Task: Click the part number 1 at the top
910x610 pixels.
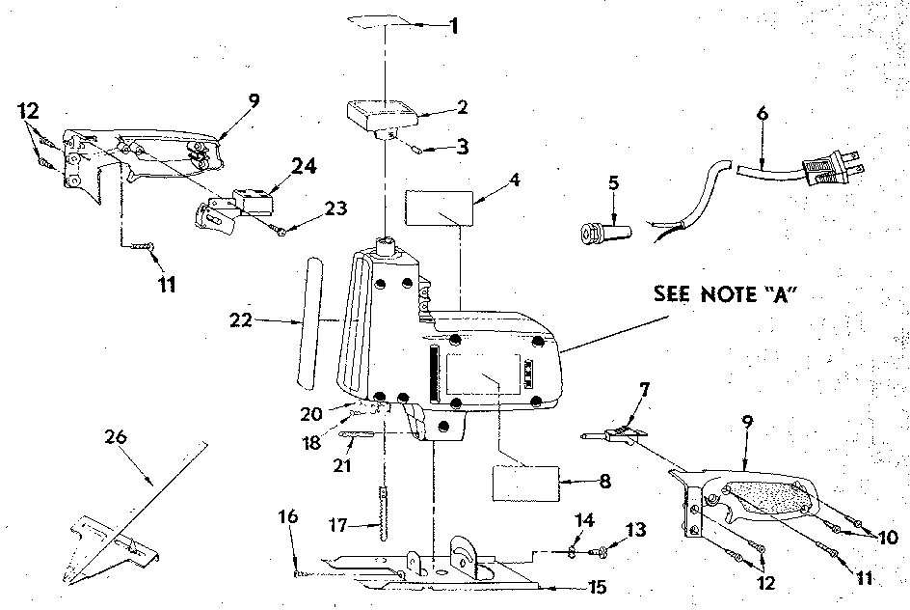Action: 454,25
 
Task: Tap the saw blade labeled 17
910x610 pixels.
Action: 383,514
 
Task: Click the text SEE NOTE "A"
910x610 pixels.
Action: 723,294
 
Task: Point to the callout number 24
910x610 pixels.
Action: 304,166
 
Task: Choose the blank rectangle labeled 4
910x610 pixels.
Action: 440,208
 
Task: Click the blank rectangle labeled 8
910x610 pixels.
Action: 525,484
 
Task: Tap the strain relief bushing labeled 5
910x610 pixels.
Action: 606,233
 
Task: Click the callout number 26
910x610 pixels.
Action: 116,436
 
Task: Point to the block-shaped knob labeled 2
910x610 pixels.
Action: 385,118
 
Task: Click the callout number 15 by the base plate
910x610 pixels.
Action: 598,587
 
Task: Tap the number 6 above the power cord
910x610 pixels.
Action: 763,113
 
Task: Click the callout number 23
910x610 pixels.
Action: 335,208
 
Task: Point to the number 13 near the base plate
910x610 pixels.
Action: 635,530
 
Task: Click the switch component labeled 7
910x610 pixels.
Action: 615,435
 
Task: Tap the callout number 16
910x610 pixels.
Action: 288,515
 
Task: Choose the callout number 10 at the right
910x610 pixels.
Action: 888,538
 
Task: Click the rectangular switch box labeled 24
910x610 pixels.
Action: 253,201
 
